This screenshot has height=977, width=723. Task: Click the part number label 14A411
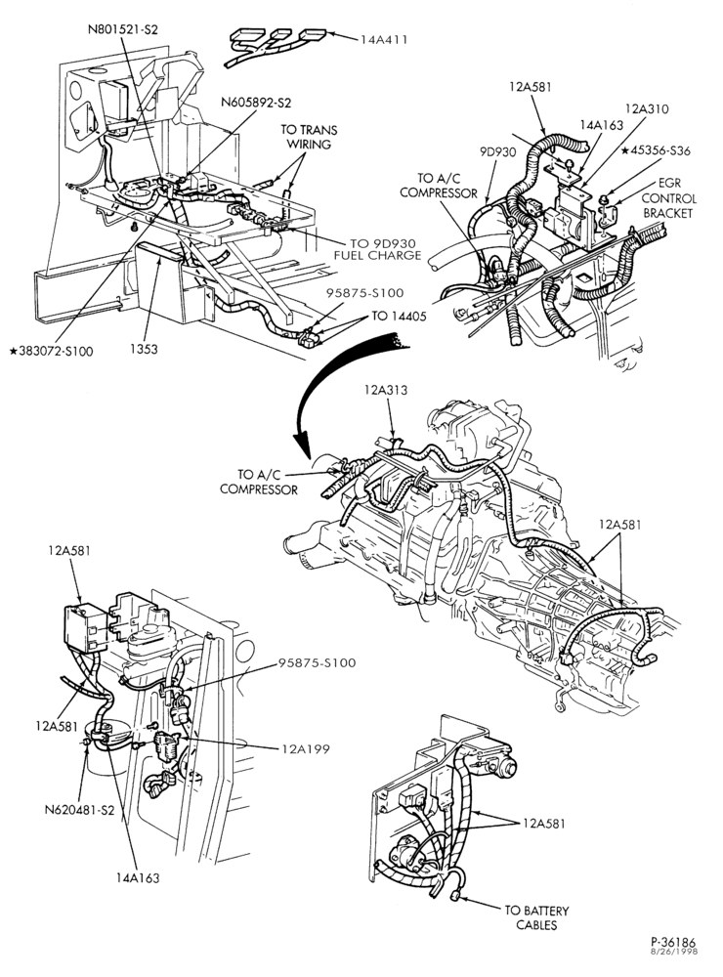coord(384,40)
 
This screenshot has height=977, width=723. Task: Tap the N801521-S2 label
coord(123,29)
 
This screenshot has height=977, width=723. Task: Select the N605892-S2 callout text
coord(256,103)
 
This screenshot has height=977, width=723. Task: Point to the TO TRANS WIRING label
coord(309,137)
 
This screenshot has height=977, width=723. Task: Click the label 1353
coord(144,349)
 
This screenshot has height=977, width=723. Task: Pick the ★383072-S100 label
coord(51,352)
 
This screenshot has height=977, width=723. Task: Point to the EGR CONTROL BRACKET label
coord(668,198)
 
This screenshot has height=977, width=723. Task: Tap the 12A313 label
coord(386,390)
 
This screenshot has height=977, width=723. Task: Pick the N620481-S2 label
coord(80,811)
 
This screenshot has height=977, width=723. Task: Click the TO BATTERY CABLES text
coord(536,917)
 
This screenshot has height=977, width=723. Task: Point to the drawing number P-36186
coord(673,942)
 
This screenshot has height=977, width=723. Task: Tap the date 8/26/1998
coord(675,952)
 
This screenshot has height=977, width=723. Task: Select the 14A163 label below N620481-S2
coord(137,878)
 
